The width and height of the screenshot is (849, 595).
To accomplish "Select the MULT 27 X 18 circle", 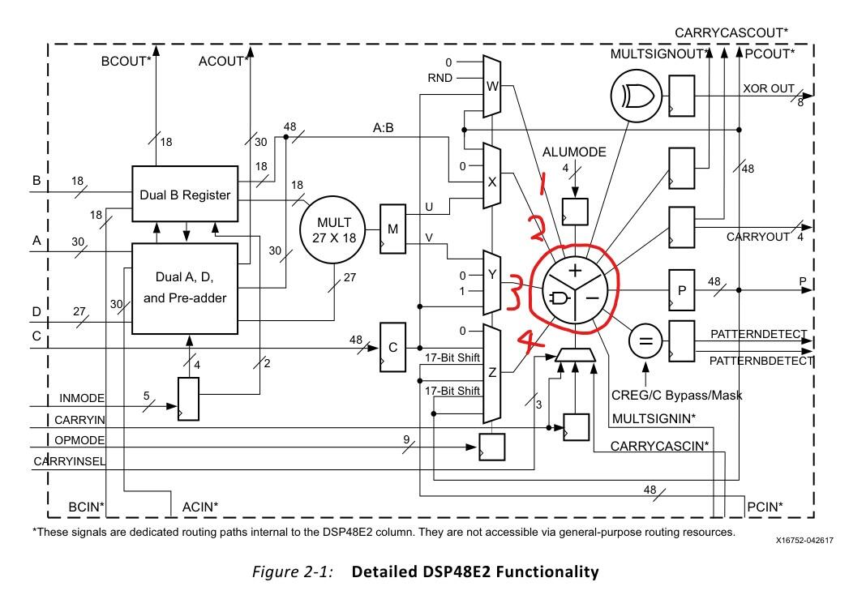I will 333,229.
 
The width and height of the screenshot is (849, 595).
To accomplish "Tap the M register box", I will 393,229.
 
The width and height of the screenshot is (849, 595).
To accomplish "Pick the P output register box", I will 681,289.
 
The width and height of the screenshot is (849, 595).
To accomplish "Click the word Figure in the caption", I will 274,571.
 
